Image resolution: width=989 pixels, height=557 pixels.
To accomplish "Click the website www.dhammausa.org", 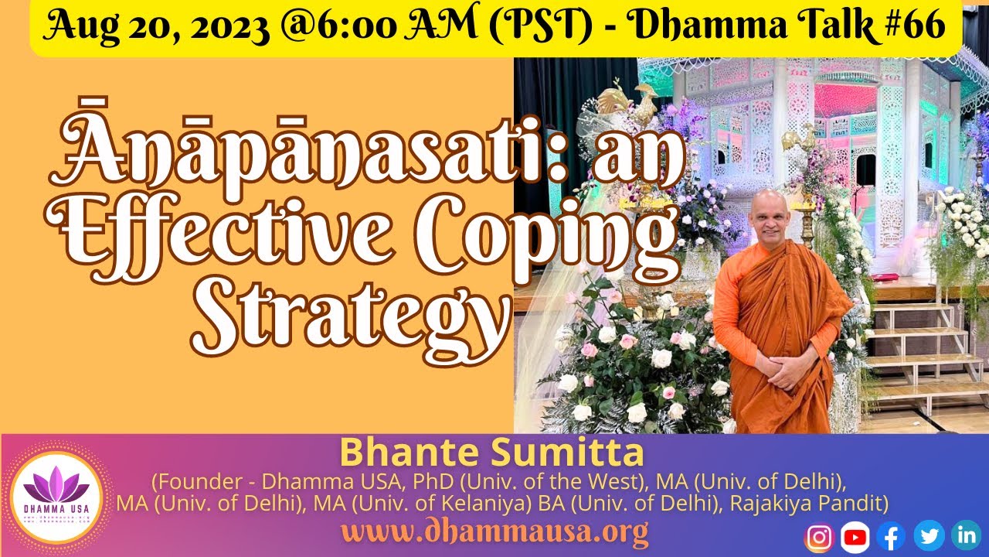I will (x=494, y=533).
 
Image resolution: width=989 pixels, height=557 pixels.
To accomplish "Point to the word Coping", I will (x=572, y=232).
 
